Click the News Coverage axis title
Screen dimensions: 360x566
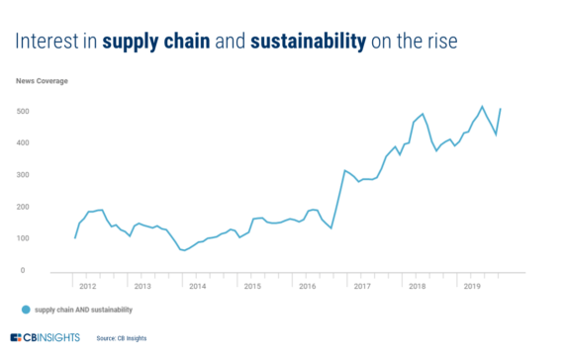tap(41, 78)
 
